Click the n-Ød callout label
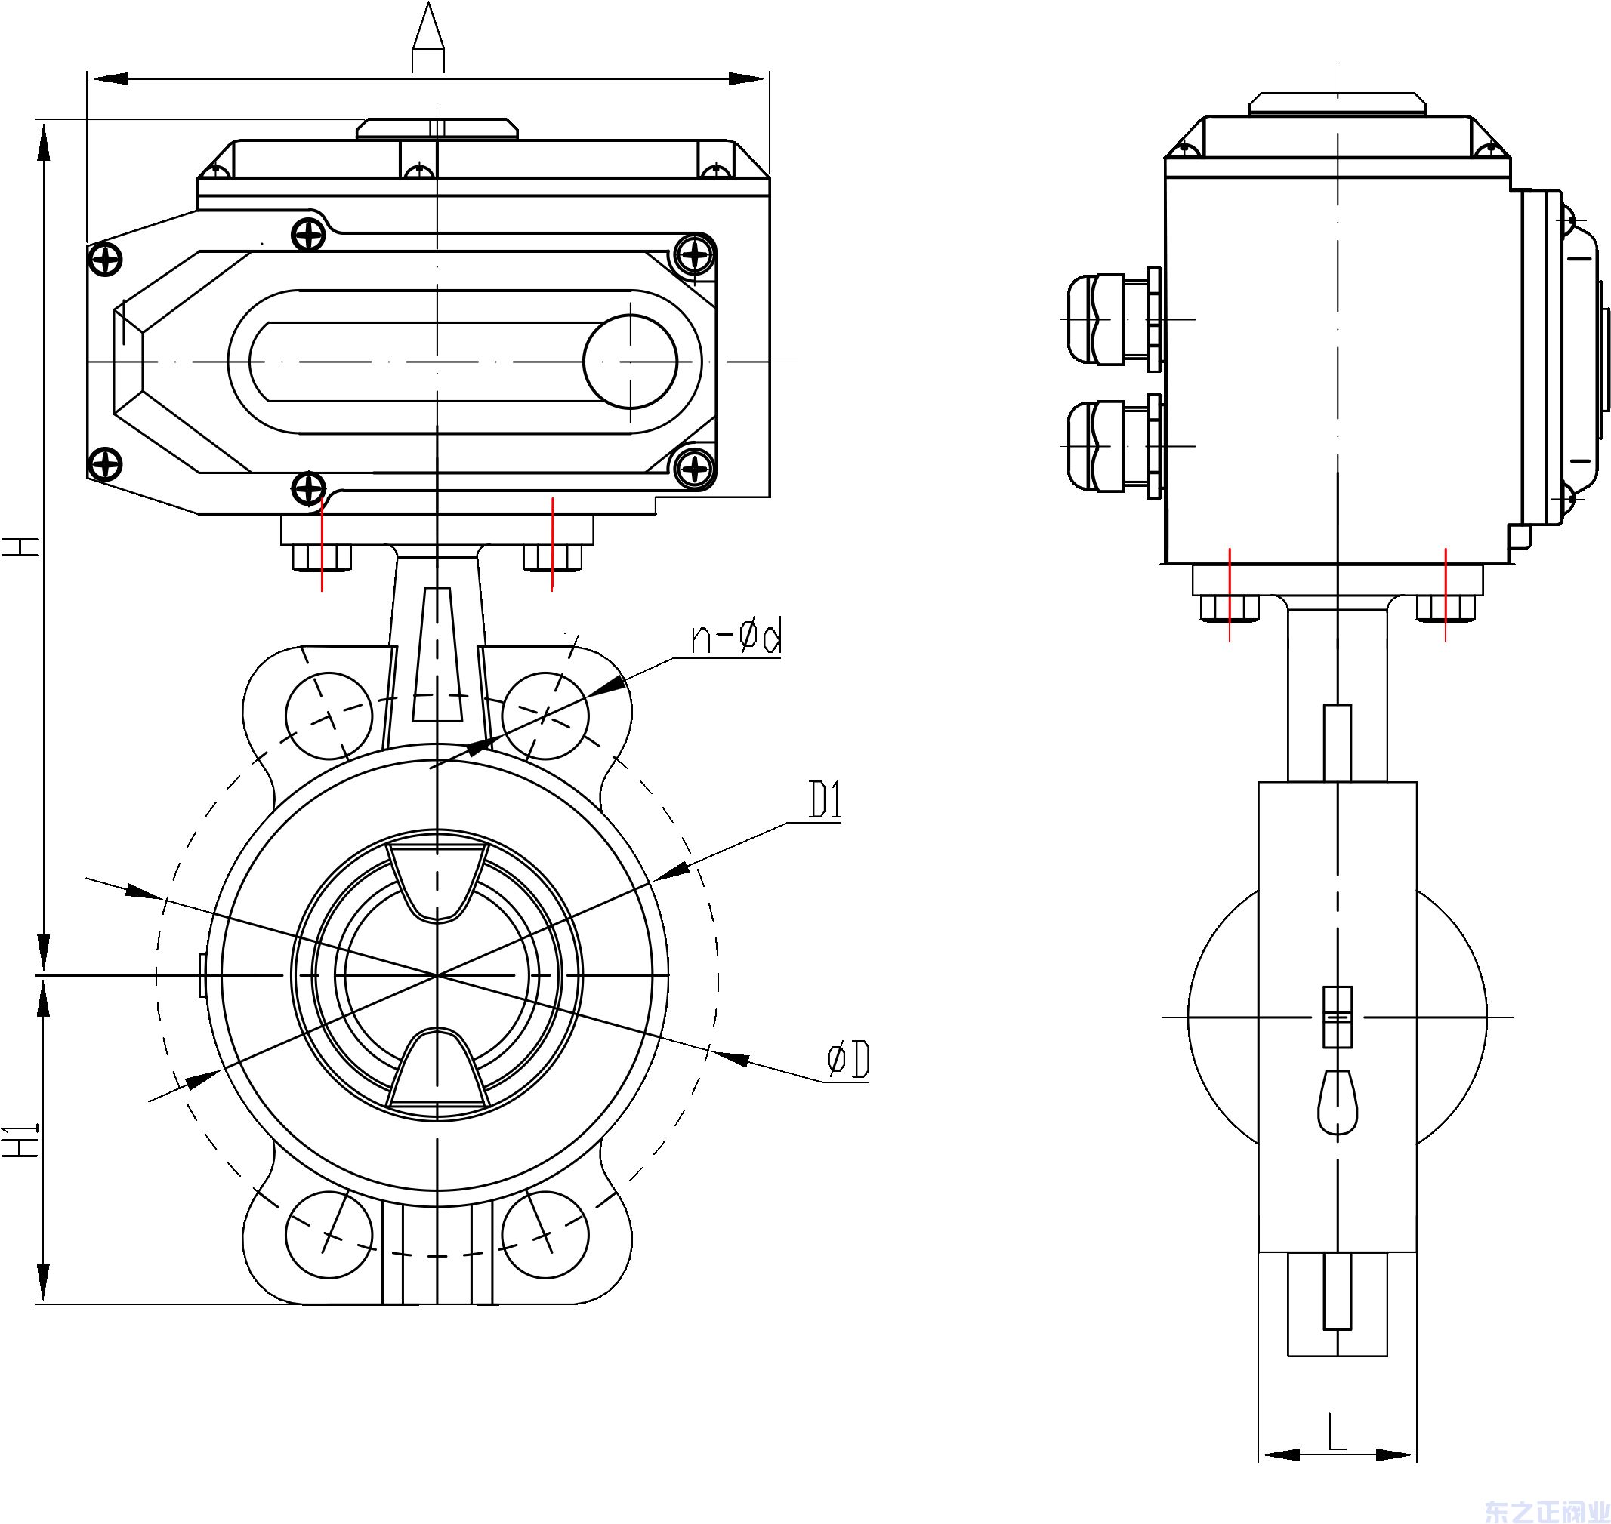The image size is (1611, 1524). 736,639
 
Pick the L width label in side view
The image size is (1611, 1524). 1337,1435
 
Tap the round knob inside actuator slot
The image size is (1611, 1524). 630,361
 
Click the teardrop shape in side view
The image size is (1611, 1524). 1337,1101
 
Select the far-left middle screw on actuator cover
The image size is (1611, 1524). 105,260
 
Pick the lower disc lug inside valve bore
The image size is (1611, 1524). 437,1069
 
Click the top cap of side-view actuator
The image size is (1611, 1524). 1338,103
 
